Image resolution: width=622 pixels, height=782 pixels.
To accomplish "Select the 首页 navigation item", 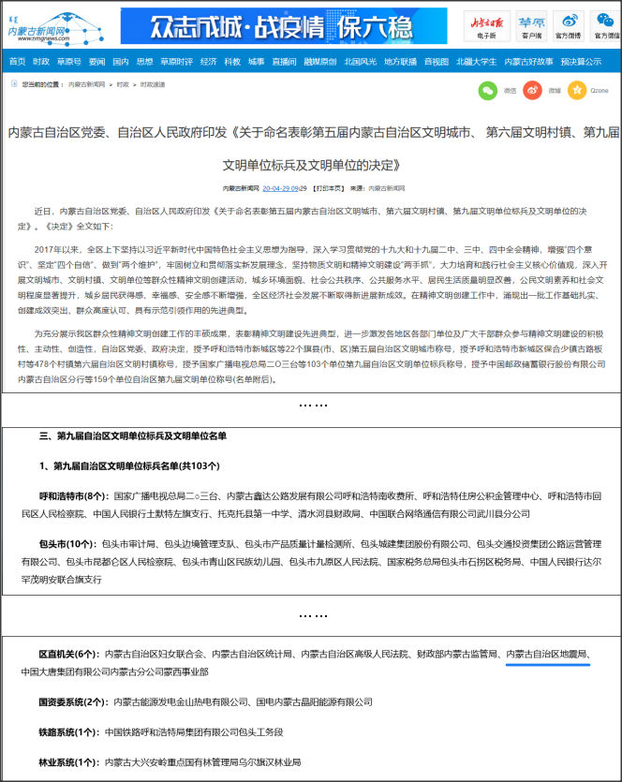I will [17, 62].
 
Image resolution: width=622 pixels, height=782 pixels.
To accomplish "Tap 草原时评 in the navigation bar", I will [175, 62].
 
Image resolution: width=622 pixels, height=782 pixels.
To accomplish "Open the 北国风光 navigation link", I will [360, 62].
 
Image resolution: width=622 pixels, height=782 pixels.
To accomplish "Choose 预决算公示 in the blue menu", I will [581, 62].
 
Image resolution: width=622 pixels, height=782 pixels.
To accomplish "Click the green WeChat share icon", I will [487, 91].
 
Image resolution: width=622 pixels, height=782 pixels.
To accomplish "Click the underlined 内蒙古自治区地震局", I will [547, 653].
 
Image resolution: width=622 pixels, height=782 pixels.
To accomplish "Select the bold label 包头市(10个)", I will [67, 543].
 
